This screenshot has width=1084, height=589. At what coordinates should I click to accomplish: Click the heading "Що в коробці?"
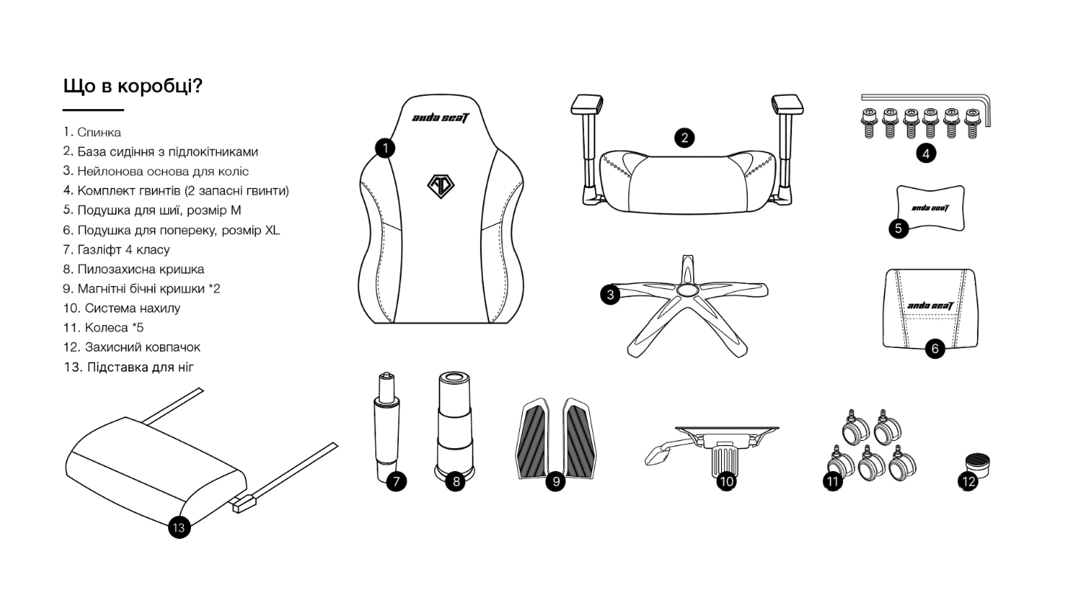coord(133,86)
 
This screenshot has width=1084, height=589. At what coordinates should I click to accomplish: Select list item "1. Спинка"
coord(92,132)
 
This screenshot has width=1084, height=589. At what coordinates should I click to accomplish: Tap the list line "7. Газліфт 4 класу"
coord(117,249)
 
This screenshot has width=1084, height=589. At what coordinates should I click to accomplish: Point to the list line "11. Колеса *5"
coord(103,327)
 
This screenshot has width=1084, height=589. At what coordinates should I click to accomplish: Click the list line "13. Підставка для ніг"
coord(129,367)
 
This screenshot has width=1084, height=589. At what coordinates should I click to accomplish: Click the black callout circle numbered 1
coord(385,148)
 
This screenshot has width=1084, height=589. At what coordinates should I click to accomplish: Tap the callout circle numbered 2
coord(684,138)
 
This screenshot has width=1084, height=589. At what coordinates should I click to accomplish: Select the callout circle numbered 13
coord(179,527)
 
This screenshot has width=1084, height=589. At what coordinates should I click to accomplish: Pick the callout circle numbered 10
coord(726,481)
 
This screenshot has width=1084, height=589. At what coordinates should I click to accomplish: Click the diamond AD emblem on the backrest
coord(440,187)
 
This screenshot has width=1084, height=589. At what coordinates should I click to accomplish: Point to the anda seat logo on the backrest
coord(440,118)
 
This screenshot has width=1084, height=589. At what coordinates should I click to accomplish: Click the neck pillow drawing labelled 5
coord(930,209)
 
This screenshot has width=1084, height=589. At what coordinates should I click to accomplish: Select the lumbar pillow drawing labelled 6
coord(930,309)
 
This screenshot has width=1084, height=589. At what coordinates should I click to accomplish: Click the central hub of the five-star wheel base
coord(688,290)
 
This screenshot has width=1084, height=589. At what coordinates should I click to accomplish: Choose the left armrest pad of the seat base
coord(586,104)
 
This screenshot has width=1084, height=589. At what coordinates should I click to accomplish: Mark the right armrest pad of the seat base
coord(788,104)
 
